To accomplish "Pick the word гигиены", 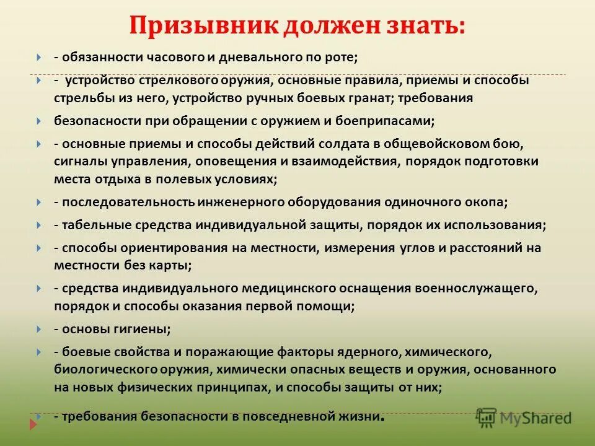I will coord(139,328).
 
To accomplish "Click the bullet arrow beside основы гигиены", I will coord(38,328).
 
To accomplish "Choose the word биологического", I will coord(110,369).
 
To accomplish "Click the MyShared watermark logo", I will coord(524,417).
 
